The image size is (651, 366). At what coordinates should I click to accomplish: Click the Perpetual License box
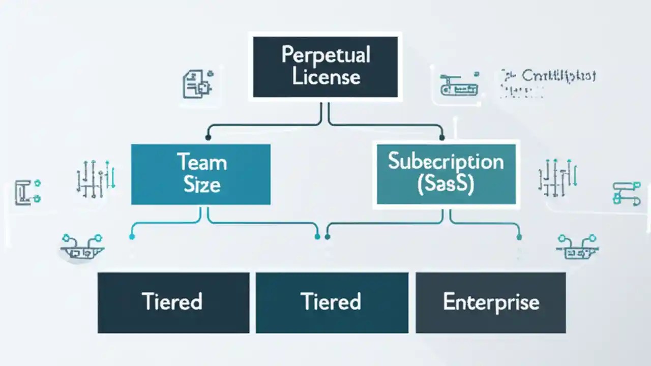pos(325,66)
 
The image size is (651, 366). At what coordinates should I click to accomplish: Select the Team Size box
pos(201,174)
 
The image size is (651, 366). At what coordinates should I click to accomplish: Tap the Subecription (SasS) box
pos(446,174)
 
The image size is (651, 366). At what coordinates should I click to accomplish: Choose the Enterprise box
pos(491,302)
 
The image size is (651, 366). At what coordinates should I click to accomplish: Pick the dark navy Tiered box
pos(173,302)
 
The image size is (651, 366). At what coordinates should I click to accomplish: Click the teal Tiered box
pos(332,302)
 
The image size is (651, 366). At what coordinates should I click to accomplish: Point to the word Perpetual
pos(325,55)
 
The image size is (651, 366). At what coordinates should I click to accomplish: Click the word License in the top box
pos(325,77)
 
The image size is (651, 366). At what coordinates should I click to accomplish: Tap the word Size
pos(201,185)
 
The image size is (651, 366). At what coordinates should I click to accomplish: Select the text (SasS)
pos(446,185)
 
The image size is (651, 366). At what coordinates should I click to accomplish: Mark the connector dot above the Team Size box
pos(208,137)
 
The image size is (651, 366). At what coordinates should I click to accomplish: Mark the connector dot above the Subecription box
pos(441,137)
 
